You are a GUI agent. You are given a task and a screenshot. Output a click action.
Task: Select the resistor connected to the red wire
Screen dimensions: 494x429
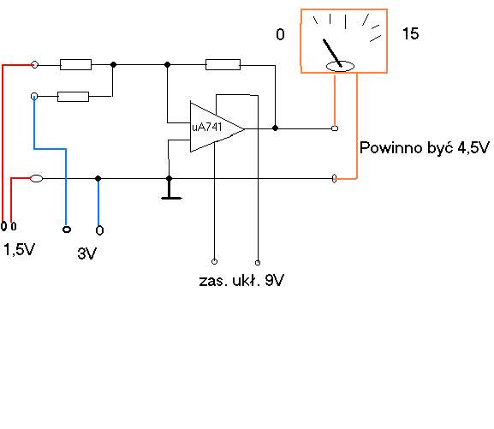point(75,64)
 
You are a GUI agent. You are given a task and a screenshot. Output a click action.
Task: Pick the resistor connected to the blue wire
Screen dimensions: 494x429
point(73,97)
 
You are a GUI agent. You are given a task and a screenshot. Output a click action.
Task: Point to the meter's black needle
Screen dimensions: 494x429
point(332,53)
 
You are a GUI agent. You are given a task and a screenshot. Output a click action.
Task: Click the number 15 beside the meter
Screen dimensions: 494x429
point(410,33)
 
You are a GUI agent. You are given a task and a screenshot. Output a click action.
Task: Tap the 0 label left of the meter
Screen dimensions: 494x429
point(280,34)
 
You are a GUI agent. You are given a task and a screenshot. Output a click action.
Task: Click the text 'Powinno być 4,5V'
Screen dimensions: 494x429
point(425,147)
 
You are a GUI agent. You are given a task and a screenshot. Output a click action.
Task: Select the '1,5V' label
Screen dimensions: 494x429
point(19,250)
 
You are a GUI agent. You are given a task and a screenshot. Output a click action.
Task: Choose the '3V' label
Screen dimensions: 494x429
point(86,253)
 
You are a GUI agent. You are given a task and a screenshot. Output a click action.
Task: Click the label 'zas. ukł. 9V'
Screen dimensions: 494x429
point(241,280)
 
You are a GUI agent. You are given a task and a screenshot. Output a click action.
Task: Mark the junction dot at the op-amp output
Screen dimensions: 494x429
point(275,128)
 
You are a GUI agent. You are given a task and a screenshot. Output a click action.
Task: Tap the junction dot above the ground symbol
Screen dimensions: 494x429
point(170,178)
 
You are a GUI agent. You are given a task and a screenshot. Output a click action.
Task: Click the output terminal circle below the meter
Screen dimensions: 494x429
point(335,128)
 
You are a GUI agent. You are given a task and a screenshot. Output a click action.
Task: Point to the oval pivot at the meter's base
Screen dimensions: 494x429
point(340,67)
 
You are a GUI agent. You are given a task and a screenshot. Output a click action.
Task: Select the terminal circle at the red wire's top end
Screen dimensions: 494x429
point(34,64)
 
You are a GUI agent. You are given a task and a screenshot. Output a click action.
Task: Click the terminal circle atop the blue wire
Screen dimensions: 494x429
point(34,97)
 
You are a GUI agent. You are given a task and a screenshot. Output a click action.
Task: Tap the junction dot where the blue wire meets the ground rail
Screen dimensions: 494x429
point(98,178)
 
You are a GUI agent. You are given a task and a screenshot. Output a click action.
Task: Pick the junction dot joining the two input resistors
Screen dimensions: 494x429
point(113,64)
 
